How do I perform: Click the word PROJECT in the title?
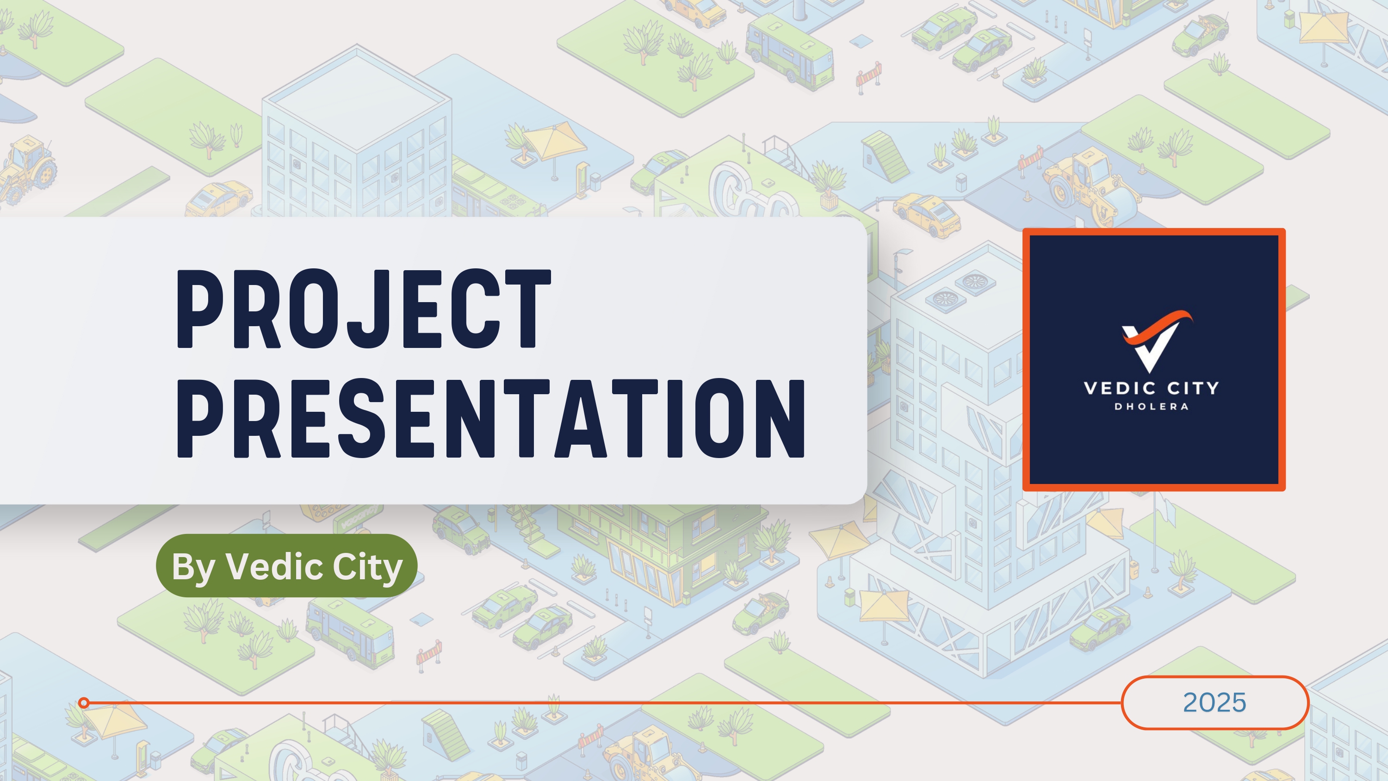(x=364, y=309)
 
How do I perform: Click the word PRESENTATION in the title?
(x=491, y=418)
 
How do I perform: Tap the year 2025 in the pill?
(x=1214, y=702)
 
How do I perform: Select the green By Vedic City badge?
(x=287, y=566)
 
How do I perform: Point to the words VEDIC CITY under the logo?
(x=1152, y=388)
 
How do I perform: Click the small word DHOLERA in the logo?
(x=1152, y=406)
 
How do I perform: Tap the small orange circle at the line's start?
(x=84, y=703)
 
